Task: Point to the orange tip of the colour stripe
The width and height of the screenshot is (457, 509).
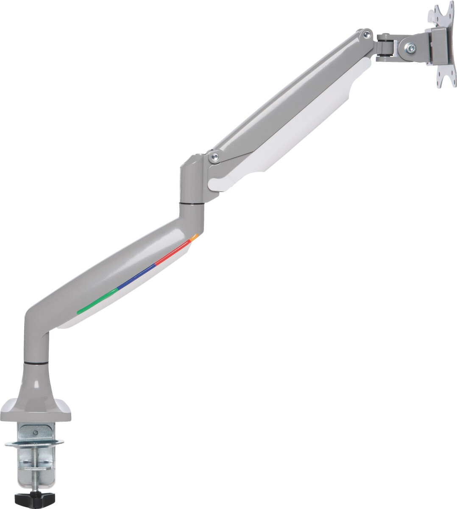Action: [x=194, y=237]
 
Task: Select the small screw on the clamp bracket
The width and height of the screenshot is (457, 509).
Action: [x=36, y=433]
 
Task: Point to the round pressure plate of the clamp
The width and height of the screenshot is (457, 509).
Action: [x=35, y=444]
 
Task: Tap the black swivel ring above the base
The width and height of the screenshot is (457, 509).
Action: [x=36, y=363]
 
